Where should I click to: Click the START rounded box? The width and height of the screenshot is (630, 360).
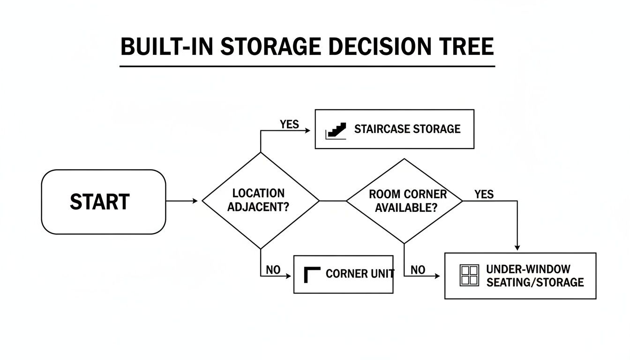(x=104, y=202)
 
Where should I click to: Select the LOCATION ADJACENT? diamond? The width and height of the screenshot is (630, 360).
(x=260, y=201)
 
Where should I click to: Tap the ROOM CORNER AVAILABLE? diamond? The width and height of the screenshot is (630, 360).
(x=404, y=201)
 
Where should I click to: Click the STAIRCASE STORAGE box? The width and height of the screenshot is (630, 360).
(x=394, y=129)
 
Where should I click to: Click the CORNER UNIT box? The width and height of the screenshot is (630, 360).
(x=343, y=274)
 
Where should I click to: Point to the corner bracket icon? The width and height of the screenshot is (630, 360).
(x=312, y=274)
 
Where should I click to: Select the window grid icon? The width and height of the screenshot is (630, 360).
(x=469, y=275)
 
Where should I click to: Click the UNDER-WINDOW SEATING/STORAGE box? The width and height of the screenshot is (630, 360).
(x=520, y=276)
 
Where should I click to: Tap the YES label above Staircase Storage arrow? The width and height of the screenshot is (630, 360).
(x=289, y=124)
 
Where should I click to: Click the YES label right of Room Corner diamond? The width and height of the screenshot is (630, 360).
(x=484, y=194)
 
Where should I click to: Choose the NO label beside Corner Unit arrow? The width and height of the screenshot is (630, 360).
(x=273, y=270)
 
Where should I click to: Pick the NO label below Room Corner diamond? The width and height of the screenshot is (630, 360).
(x=418, y=270)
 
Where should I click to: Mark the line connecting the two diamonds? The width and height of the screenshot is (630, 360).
(x=333, y=201)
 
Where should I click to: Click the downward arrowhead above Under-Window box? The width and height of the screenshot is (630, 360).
(x=517, y=247)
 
